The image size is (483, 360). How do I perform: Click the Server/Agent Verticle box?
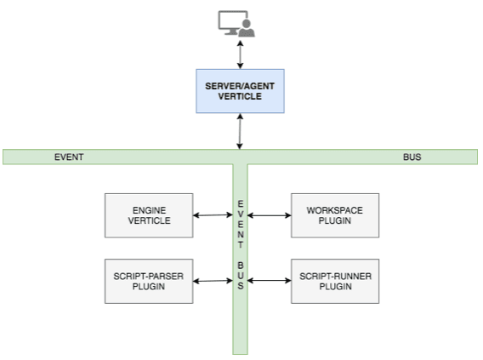pyautogui.click(x=240, y=91)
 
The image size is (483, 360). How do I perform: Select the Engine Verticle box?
pyautogui.click(x=149, y=215)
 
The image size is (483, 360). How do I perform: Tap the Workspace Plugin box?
pyautogui.click(x=335, y=215)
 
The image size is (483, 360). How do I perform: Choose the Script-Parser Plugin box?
pyautogui.click(x=149, y=281)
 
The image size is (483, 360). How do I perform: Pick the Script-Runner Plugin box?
pyautogui.click(x=335, y=281)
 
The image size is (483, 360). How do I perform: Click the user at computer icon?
pyautogui.click(x=236, y=24)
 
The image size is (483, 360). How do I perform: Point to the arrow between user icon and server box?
pyautogui.click(x=240, y=54)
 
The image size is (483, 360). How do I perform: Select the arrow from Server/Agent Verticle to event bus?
pyautogui.click(x=240, y=131)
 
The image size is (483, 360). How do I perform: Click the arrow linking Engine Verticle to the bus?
pyautogui.click(x=213, y=215)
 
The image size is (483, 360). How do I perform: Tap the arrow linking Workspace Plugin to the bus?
pyautogui.click(x=270, y=215)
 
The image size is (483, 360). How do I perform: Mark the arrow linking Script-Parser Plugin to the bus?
pyautogui.click(x=213, y=281)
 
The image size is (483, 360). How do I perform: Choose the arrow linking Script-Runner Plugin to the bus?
pyautogui.click(x=270, y=281)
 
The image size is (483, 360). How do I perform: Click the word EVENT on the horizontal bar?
pyautogui.click(x=69, y=157)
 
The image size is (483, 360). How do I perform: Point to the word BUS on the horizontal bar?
pyautogui.click(x=412, y=157)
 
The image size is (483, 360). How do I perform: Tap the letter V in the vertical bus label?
pyautogui.click(x=241, y=214)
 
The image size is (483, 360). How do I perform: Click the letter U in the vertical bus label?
pyautogui.click(x=241, y=276)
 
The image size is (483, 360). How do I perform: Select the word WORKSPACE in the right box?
pyautogui.click(x=335, y=210)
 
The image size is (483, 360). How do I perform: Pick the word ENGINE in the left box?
pyautogui.click(x=150, y=210)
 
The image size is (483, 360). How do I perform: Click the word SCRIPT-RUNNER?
pyautogui.click(x=335, y=276)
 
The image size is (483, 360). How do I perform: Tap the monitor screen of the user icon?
pyautogui.click(x=232, y=20)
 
